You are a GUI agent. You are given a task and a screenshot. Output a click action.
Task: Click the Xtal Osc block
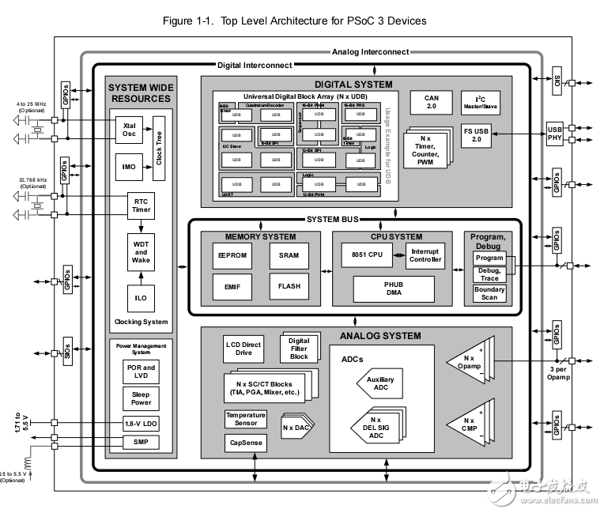(130, 130)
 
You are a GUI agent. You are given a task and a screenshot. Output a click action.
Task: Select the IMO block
(130, 168)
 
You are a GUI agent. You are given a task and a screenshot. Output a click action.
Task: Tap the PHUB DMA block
(393, 289)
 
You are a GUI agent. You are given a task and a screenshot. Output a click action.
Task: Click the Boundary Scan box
(489, 293)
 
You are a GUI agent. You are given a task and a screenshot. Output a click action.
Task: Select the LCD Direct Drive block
(243, 349)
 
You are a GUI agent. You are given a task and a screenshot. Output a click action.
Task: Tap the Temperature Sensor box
(246, 419)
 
